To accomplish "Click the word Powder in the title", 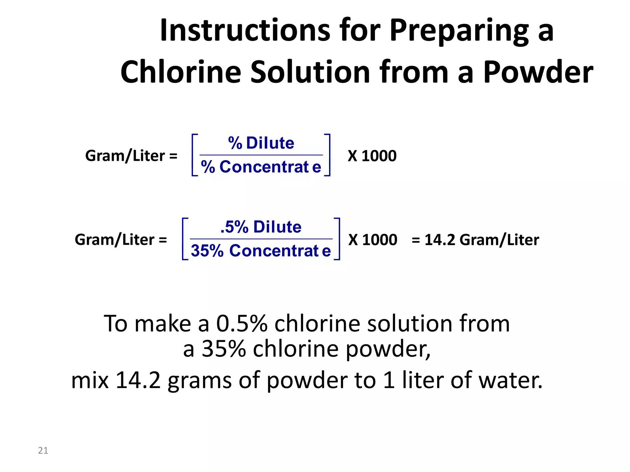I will pyautogui.click(x=538, y=72).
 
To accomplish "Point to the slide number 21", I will pyautogui.click(x=43, y=450).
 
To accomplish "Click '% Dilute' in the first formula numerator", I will pyautogui.click(x=261, y=143).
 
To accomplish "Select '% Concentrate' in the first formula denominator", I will pyautogui.click(x=261, y=167).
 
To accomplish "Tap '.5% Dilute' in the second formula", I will pyautogui.click(x=261, y=227).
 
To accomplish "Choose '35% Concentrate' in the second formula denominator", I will pyautogui.click(x=261, y=251).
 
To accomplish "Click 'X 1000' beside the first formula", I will pyautogui.click(x=372, y=156).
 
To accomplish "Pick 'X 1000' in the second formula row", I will pyautogui.click(x=373, y=240).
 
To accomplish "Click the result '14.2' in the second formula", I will pyautogui.click(x=440, y=240).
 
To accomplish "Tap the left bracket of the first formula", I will pyautogui.click(x=194, y=155).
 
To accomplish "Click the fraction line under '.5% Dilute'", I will pyautogui.click(x=261, y=239).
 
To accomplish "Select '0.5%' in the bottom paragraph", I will pyautogui.click(x=242, y=324).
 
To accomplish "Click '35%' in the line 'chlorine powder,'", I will pyautogui.click(x=224, y=349).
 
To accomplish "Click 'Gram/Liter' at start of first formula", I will pyautogui.click(x=125, y=156).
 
